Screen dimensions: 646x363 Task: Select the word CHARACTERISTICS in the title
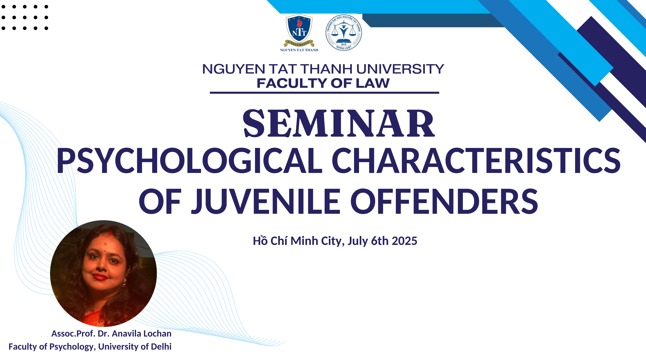click(476, 160)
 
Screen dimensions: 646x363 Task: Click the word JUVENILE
click(266, 201)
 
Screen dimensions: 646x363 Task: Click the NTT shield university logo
click(299, 30)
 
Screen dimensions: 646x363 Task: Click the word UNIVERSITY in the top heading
click(400, 69)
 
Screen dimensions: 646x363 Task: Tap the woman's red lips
click(100, 277)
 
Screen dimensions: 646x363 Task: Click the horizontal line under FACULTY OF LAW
click(324, 93)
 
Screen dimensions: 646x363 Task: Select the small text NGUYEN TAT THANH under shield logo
click(299, 50)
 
